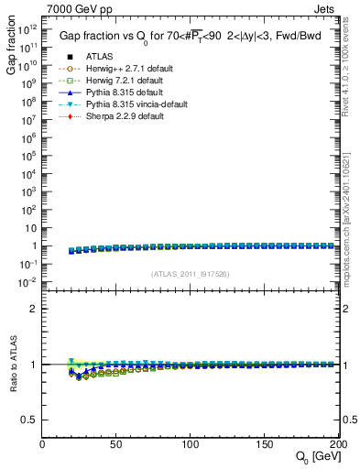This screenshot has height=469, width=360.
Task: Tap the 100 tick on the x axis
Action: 190,444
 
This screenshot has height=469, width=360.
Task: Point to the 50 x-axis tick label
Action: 115,444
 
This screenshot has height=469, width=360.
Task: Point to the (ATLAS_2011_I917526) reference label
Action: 191,274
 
